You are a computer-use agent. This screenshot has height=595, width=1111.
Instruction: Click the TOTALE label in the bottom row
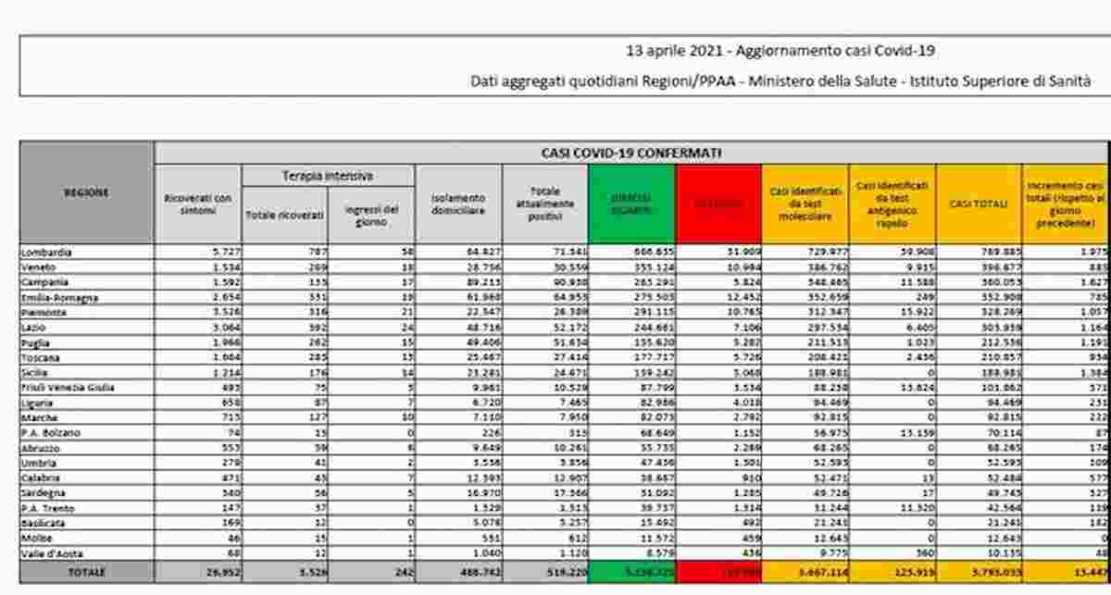[x=85, y=573]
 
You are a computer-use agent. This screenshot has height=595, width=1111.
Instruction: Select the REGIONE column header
[x=86, y=192]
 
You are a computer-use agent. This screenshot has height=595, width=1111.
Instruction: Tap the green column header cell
[x=631, y=204]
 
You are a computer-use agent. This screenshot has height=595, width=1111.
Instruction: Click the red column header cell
[x=718, y=204]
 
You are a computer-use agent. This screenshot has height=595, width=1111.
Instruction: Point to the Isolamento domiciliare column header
[x=458, y=204]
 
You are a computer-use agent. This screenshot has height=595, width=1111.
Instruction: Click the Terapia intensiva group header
[x=328, y=176]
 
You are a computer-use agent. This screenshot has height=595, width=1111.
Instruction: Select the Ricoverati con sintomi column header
[x=197, y=205]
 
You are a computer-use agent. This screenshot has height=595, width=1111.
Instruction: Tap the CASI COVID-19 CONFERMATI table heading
[x=631, y=153]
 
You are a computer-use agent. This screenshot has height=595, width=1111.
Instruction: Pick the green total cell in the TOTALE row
[x=631, y=573]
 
